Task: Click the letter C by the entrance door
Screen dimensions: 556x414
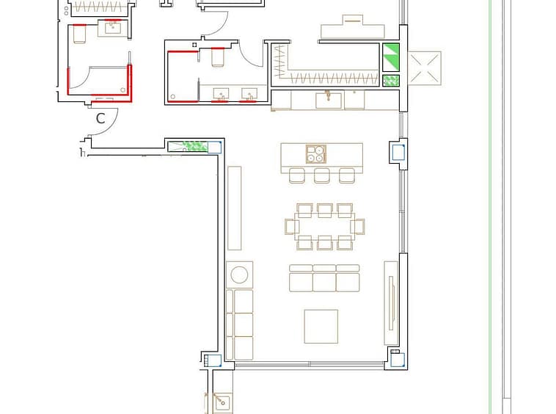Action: [100, 118]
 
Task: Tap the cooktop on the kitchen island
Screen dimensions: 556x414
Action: [316, 154]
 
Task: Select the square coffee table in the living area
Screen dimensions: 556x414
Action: [321, 327]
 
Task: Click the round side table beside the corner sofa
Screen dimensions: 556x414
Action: [239, 275]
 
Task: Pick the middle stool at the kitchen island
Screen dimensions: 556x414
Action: [321, 175]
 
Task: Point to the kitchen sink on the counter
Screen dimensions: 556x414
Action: [329, 100]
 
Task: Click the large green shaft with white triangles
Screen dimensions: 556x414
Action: [391, 57]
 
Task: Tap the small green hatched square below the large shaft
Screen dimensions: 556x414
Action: [391, 81]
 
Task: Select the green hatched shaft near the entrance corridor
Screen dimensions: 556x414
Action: [194, 146]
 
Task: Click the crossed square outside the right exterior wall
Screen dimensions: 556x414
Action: [425, 68]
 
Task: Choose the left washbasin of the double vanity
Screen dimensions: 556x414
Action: [221, 95]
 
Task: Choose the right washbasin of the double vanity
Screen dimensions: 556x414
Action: [249, 95]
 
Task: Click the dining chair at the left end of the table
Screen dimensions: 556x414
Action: [292, 227]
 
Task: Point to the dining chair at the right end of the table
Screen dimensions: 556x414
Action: [357, 227]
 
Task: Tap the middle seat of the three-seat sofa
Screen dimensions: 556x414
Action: [324, 278]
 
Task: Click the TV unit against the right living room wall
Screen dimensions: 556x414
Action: [391, 303]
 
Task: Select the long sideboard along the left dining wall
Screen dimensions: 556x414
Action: [235, 208]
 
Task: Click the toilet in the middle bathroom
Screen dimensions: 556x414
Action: [218, 57]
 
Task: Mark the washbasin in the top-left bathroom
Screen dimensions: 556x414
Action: [114, 28]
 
